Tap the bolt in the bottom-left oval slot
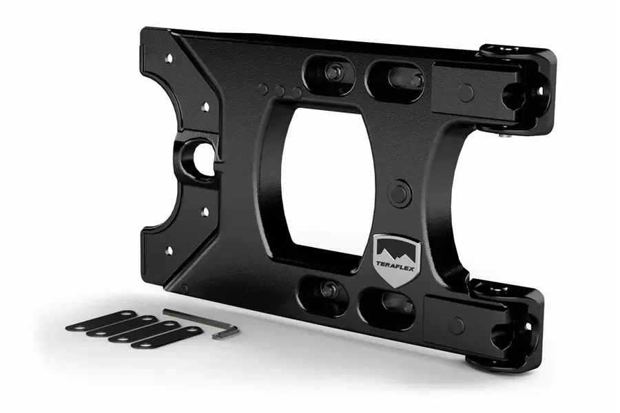pos(329,290)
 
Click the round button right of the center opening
pos(400,193)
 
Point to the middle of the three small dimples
pos(280,91)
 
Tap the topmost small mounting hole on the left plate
pos(169,59)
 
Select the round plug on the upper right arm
pos(466,93)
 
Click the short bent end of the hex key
pos(225,332)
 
